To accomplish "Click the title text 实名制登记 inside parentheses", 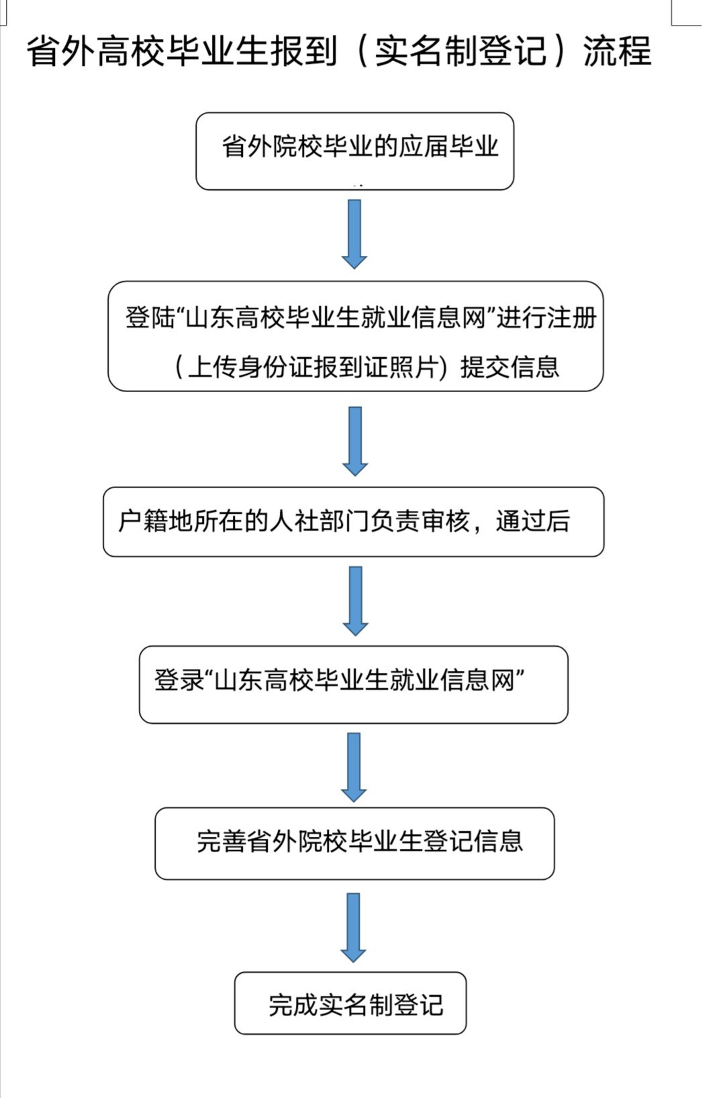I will click(461, 51).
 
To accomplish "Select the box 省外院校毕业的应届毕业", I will click(354, 151).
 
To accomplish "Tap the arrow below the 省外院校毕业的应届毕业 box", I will click(354, 234).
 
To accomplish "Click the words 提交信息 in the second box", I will click(510, 367).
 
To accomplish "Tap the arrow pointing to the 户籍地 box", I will click(355, 441).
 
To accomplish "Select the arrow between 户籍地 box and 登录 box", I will click(355, 600).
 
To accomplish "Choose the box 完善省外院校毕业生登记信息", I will click(354, 843).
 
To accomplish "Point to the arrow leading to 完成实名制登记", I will click(353, 927).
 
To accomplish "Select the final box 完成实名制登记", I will click(350, 1003).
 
